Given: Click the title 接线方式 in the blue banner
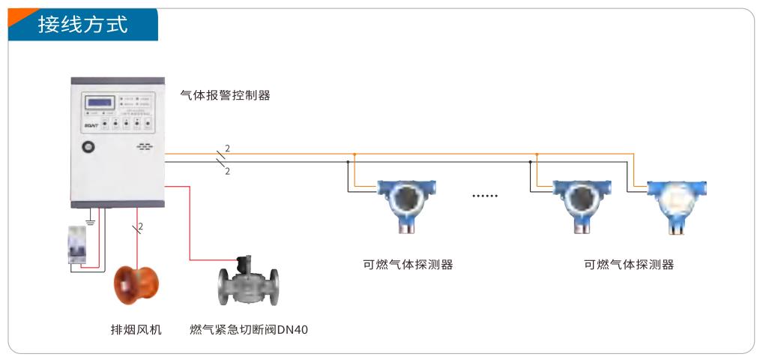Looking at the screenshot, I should pyautogui.click(x=83, y=25).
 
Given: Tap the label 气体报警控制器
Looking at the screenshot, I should pyautogui.click(x=225, y=95).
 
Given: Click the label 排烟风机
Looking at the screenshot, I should pyautogui.click(x=136, y=329).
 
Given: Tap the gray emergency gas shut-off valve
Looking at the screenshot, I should pyautogui.click(x=247, y=284).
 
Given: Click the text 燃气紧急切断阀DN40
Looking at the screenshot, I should pyautogui.click(x=249, y=329).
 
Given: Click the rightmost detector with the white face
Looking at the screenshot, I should pyautogui.click(x=677, y=202).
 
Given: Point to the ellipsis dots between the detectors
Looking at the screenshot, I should pyautogui.click(x=484, y=196).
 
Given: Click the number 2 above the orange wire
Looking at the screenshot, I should pyautogui.click(x=227, y=147).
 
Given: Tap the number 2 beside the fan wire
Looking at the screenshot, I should pyautogui.click(x=141, y=226).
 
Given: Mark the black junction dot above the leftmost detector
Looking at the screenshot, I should pyautogui.click(x=349, y=161).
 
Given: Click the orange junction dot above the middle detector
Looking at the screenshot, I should pyautogui.click(x=537, y=154).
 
